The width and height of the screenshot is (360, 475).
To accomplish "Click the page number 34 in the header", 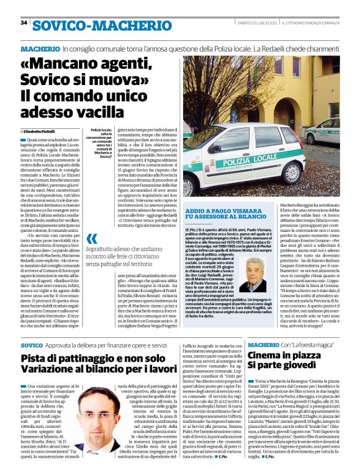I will click(24, 23).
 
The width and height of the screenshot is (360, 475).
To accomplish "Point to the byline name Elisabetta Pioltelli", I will click(43, 131).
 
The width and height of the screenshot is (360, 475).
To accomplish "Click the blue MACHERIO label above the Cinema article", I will click(266, 344).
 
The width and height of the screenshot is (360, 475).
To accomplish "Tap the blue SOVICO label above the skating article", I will click(32, 344).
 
